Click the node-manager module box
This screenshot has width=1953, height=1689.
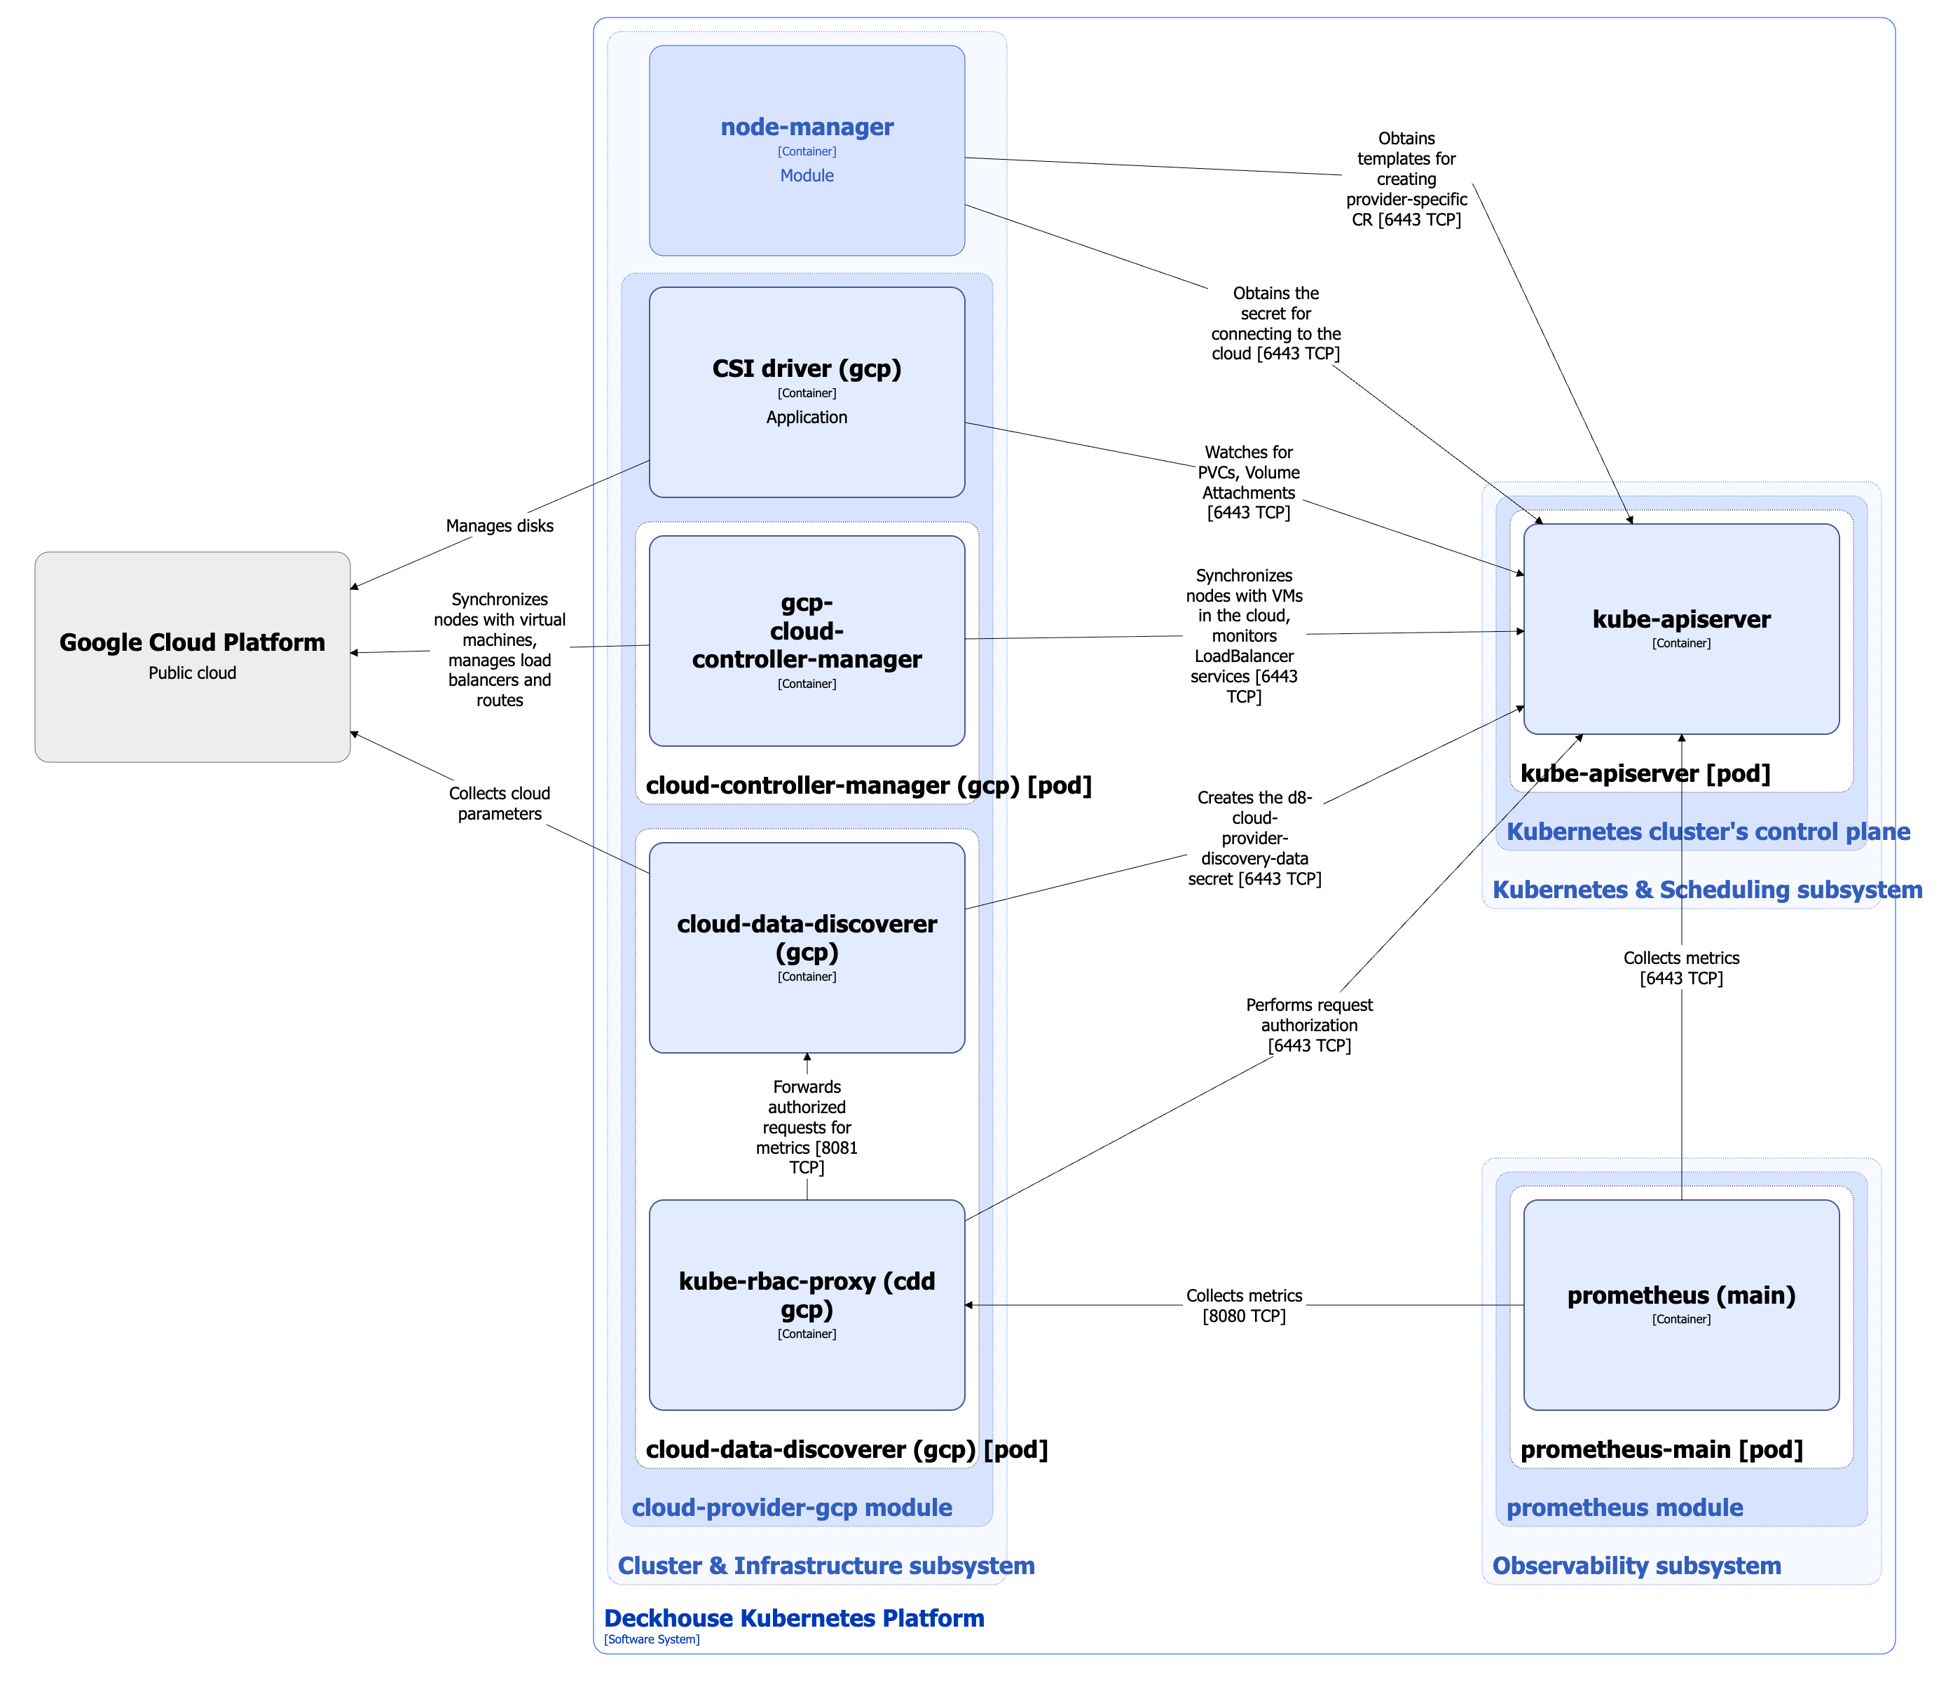(x=807, y=151)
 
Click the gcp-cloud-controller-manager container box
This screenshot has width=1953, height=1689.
(x=807, y=641)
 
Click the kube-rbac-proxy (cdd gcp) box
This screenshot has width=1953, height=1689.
(x=807, y=1304)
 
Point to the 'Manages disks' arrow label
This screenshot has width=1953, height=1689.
(x=500, y=526)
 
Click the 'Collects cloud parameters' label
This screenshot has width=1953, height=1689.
(x=500, y=803)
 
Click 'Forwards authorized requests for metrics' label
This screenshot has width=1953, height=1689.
(x=807, y=1126)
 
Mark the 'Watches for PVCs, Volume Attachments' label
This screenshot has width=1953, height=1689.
(x=1248, y=482)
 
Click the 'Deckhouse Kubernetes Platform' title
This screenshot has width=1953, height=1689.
(x=794, y=1618)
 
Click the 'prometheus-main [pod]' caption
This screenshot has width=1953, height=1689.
(x=1661, y=1449)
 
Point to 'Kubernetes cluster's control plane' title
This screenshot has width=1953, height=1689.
(x=1707, y=832)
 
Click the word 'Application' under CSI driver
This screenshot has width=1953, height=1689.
(x=807, y=417)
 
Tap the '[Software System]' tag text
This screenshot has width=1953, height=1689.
(x=651, y=1639)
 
